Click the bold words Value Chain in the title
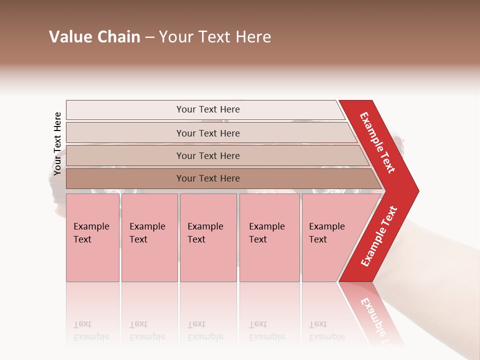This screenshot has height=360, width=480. tap(94, 37)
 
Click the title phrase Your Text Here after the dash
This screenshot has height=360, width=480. tap(215, 37)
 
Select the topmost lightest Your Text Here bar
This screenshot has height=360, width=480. tap(207, 109)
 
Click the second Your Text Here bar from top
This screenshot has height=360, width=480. tap(207, 133)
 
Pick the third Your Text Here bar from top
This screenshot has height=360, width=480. tap(207, 155)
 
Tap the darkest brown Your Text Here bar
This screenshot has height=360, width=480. tap(207, 178)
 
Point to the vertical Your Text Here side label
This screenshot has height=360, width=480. tap(57, 143)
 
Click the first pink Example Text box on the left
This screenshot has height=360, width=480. tap(92, 237)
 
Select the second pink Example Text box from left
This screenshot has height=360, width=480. tap(149, 237)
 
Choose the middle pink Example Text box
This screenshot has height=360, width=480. tap(208, 237)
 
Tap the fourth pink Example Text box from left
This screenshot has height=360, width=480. tap(269, 237)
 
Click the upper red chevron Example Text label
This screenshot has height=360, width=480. tap(378, 142)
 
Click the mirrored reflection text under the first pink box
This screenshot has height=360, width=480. tap(91, 330)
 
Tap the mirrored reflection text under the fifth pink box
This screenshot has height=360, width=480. tap(327, 330)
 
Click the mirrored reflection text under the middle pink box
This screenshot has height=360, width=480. tap(205, 330)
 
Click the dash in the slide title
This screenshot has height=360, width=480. tap(149, 37)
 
